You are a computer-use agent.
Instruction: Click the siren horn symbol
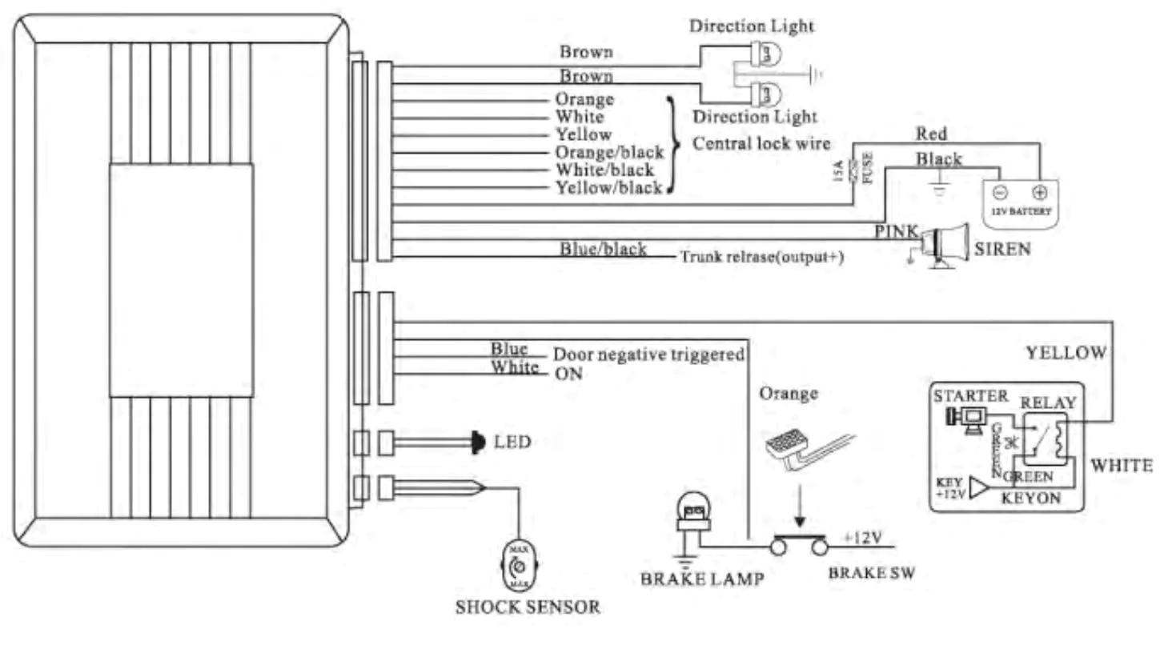coord(945,243)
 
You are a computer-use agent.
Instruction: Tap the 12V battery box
coord(1020,199)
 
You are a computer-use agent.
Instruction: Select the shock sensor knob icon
coord(519,567)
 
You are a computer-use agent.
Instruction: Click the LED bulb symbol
coord(478,441)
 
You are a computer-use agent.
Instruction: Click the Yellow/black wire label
coord(608,188)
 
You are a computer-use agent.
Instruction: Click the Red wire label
coord(931,134)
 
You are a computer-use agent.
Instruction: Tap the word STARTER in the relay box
coord(970,396)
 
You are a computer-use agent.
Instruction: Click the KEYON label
coord(1031,498)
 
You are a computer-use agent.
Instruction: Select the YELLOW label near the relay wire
coord(1066,352)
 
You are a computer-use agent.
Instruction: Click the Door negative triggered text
coord(648,354)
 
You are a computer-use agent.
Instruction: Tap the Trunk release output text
coord(761,257)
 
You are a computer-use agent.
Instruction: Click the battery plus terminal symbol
coord(1039,193)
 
